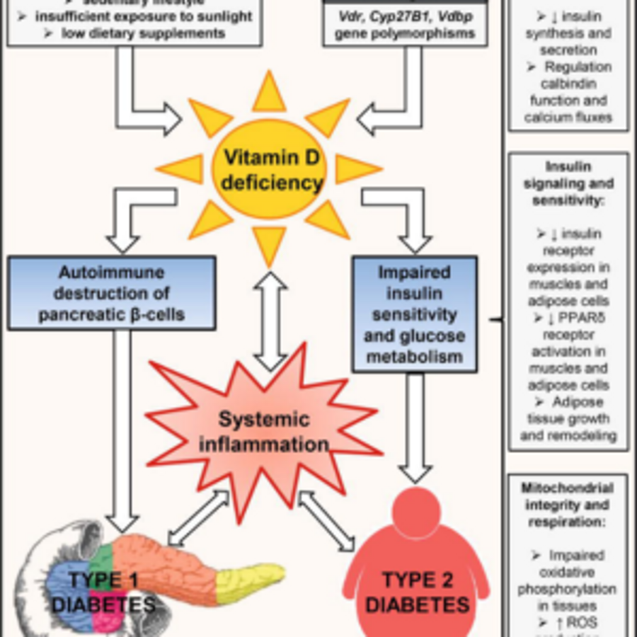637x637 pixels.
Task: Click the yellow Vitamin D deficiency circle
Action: [269, 170]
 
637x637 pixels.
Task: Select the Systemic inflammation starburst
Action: [263, 432]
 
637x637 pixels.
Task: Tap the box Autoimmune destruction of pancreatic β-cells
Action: [112, 293]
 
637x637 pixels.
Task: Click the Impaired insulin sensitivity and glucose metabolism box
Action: [415, 314]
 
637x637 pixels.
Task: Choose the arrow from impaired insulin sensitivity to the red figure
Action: [415, 425]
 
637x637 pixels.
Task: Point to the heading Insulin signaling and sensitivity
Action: [568, 184]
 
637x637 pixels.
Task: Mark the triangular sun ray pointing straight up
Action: [270, 93]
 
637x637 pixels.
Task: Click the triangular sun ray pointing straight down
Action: [270, 244]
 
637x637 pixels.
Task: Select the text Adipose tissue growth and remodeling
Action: [568, 420]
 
